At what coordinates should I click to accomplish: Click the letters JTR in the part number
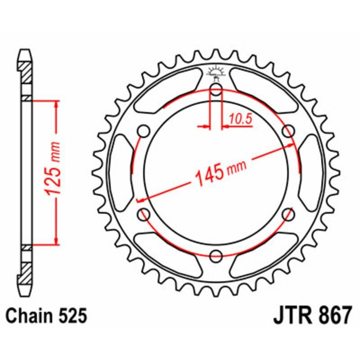point(292,316)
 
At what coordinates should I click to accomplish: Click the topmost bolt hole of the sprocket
point(216,90)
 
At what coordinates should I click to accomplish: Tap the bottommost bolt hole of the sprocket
point(216,255)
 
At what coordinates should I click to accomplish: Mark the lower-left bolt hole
point(144,214)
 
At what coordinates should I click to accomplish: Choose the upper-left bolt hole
point(144,131)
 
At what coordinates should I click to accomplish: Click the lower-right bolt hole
point(288,214)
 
